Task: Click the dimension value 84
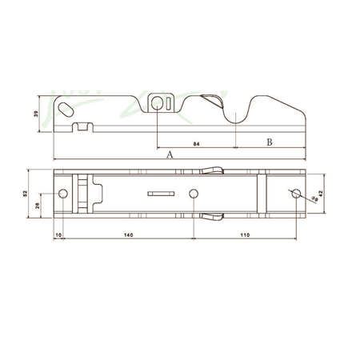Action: click(x=197, y=144)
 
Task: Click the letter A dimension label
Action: click(x=170, y=157)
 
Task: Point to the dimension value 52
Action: click(x=26, y=194)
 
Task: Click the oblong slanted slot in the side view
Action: click(x=70, y=107)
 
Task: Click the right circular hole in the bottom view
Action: click(x=297, y=194)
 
